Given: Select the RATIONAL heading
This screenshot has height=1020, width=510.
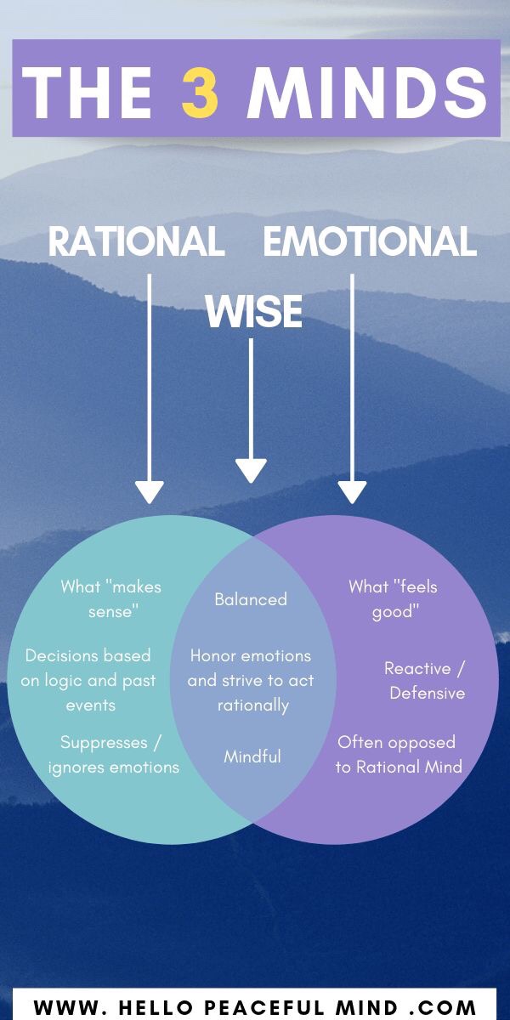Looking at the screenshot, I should point(136,241).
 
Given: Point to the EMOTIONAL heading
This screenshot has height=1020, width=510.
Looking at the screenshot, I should point(370,241).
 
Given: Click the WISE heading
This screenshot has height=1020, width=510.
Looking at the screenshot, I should point(253,312).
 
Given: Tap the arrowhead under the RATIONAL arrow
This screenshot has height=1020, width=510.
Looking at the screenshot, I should point(150,491).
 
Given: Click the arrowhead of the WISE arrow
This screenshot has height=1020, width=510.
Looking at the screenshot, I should point(251,471).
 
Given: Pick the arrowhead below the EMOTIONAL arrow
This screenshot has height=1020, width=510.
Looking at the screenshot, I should point(352,491).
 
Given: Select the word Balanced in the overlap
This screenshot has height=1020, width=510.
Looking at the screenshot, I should point(251,599).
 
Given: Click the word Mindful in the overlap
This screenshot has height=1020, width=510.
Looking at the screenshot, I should point(252,756).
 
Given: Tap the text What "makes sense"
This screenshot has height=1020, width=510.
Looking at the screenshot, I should point(110,598).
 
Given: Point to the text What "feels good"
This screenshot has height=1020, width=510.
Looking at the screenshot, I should point(394,598).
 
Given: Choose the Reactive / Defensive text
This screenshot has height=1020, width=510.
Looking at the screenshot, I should point(425,680).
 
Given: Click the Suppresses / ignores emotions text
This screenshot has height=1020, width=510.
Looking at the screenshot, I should point(113,755).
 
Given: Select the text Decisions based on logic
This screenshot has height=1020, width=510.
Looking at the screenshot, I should point(88,680).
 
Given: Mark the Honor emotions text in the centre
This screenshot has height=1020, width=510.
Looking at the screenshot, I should point(252,680).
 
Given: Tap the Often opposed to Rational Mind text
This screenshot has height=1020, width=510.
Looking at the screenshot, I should point(398,755).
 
